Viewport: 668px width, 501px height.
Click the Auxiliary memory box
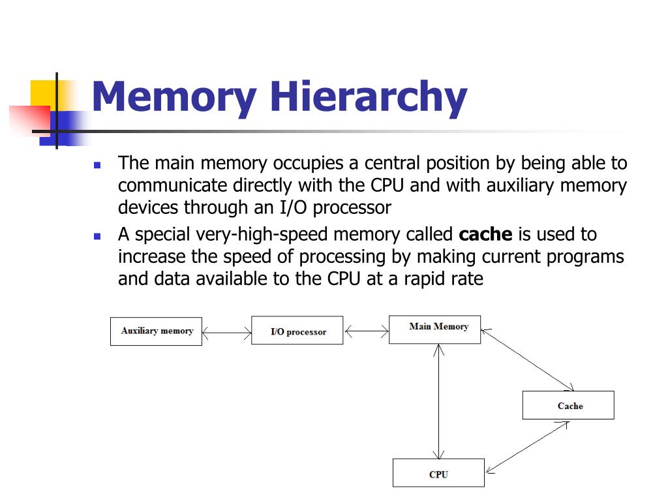coord(156,331)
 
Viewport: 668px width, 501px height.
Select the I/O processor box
coord(297,331)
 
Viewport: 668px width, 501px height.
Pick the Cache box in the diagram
coord(568,405)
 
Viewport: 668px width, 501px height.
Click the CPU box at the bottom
coord(438,473)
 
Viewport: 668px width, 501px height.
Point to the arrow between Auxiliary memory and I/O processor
coord(226,333)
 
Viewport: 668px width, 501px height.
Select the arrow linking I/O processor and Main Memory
coord(366,332)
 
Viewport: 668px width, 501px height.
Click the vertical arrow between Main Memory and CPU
coord(439,401)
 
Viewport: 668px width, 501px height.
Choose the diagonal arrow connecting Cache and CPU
coord(527,447)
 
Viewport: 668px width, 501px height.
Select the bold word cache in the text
coord(485,234)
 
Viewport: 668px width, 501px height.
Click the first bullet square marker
coord(97,165)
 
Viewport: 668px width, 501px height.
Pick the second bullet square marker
coord(97,236)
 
